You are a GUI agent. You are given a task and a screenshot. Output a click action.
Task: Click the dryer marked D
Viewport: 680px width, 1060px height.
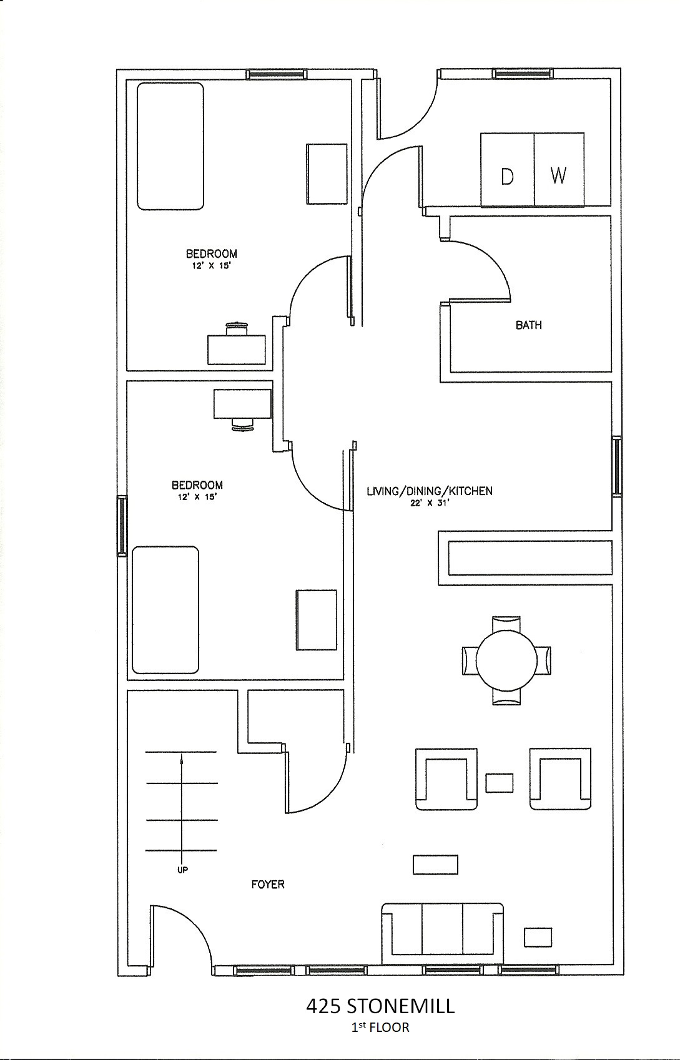pyautogui.click(x=507, y=169)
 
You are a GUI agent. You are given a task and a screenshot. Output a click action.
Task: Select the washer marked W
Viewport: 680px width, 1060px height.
pyautogui.click(x=559, y=169)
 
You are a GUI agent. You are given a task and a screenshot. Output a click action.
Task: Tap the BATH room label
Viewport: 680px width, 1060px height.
pyautogui.click(x=528, y=325)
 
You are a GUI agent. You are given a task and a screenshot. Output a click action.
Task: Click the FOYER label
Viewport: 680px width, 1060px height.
pyautogui.click(x=268, y=884)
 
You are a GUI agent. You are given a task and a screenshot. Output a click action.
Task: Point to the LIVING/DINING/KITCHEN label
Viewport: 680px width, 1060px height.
pyautogui.click(x=430, y=491)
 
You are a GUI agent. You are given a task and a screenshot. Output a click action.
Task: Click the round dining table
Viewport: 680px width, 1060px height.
pyautogui.click(x=506, y=660)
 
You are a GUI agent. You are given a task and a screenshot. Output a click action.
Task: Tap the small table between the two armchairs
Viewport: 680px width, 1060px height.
pyautogui.click(x=500, y=783)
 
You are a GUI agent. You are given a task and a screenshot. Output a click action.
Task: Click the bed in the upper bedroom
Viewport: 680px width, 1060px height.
pyautogui.click(x=170, y=145)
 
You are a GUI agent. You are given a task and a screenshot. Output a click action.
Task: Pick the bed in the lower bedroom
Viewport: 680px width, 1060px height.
pyautogui.click(x=165, y=610)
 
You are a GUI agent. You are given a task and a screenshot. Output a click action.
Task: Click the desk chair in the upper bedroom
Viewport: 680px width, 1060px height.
pyautogui.click(x=237, y=328)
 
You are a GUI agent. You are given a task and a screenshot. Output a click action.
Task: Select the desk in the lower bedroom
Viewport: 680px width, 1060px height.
pyautogui.click(x=242, y=404)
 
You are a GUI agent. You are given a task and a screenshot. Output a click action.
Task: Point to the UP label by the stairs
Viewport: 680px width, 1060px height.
pyautogui.click(x=183, y=870)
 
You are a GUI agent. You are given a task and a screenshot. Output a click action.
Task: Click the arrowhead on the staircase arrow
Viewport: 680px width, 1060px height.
pyautogui.click(x=182, y=759)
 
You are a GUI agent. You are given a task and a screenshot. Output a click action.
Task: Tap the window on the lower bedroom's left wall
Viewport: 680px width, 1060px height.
pyautogui.click(x=122, y=525)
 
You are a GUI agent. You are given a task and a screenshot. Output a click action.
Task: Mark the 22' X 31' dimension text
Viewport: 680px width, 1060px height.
pyautogui.click(x=430, y=503)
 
